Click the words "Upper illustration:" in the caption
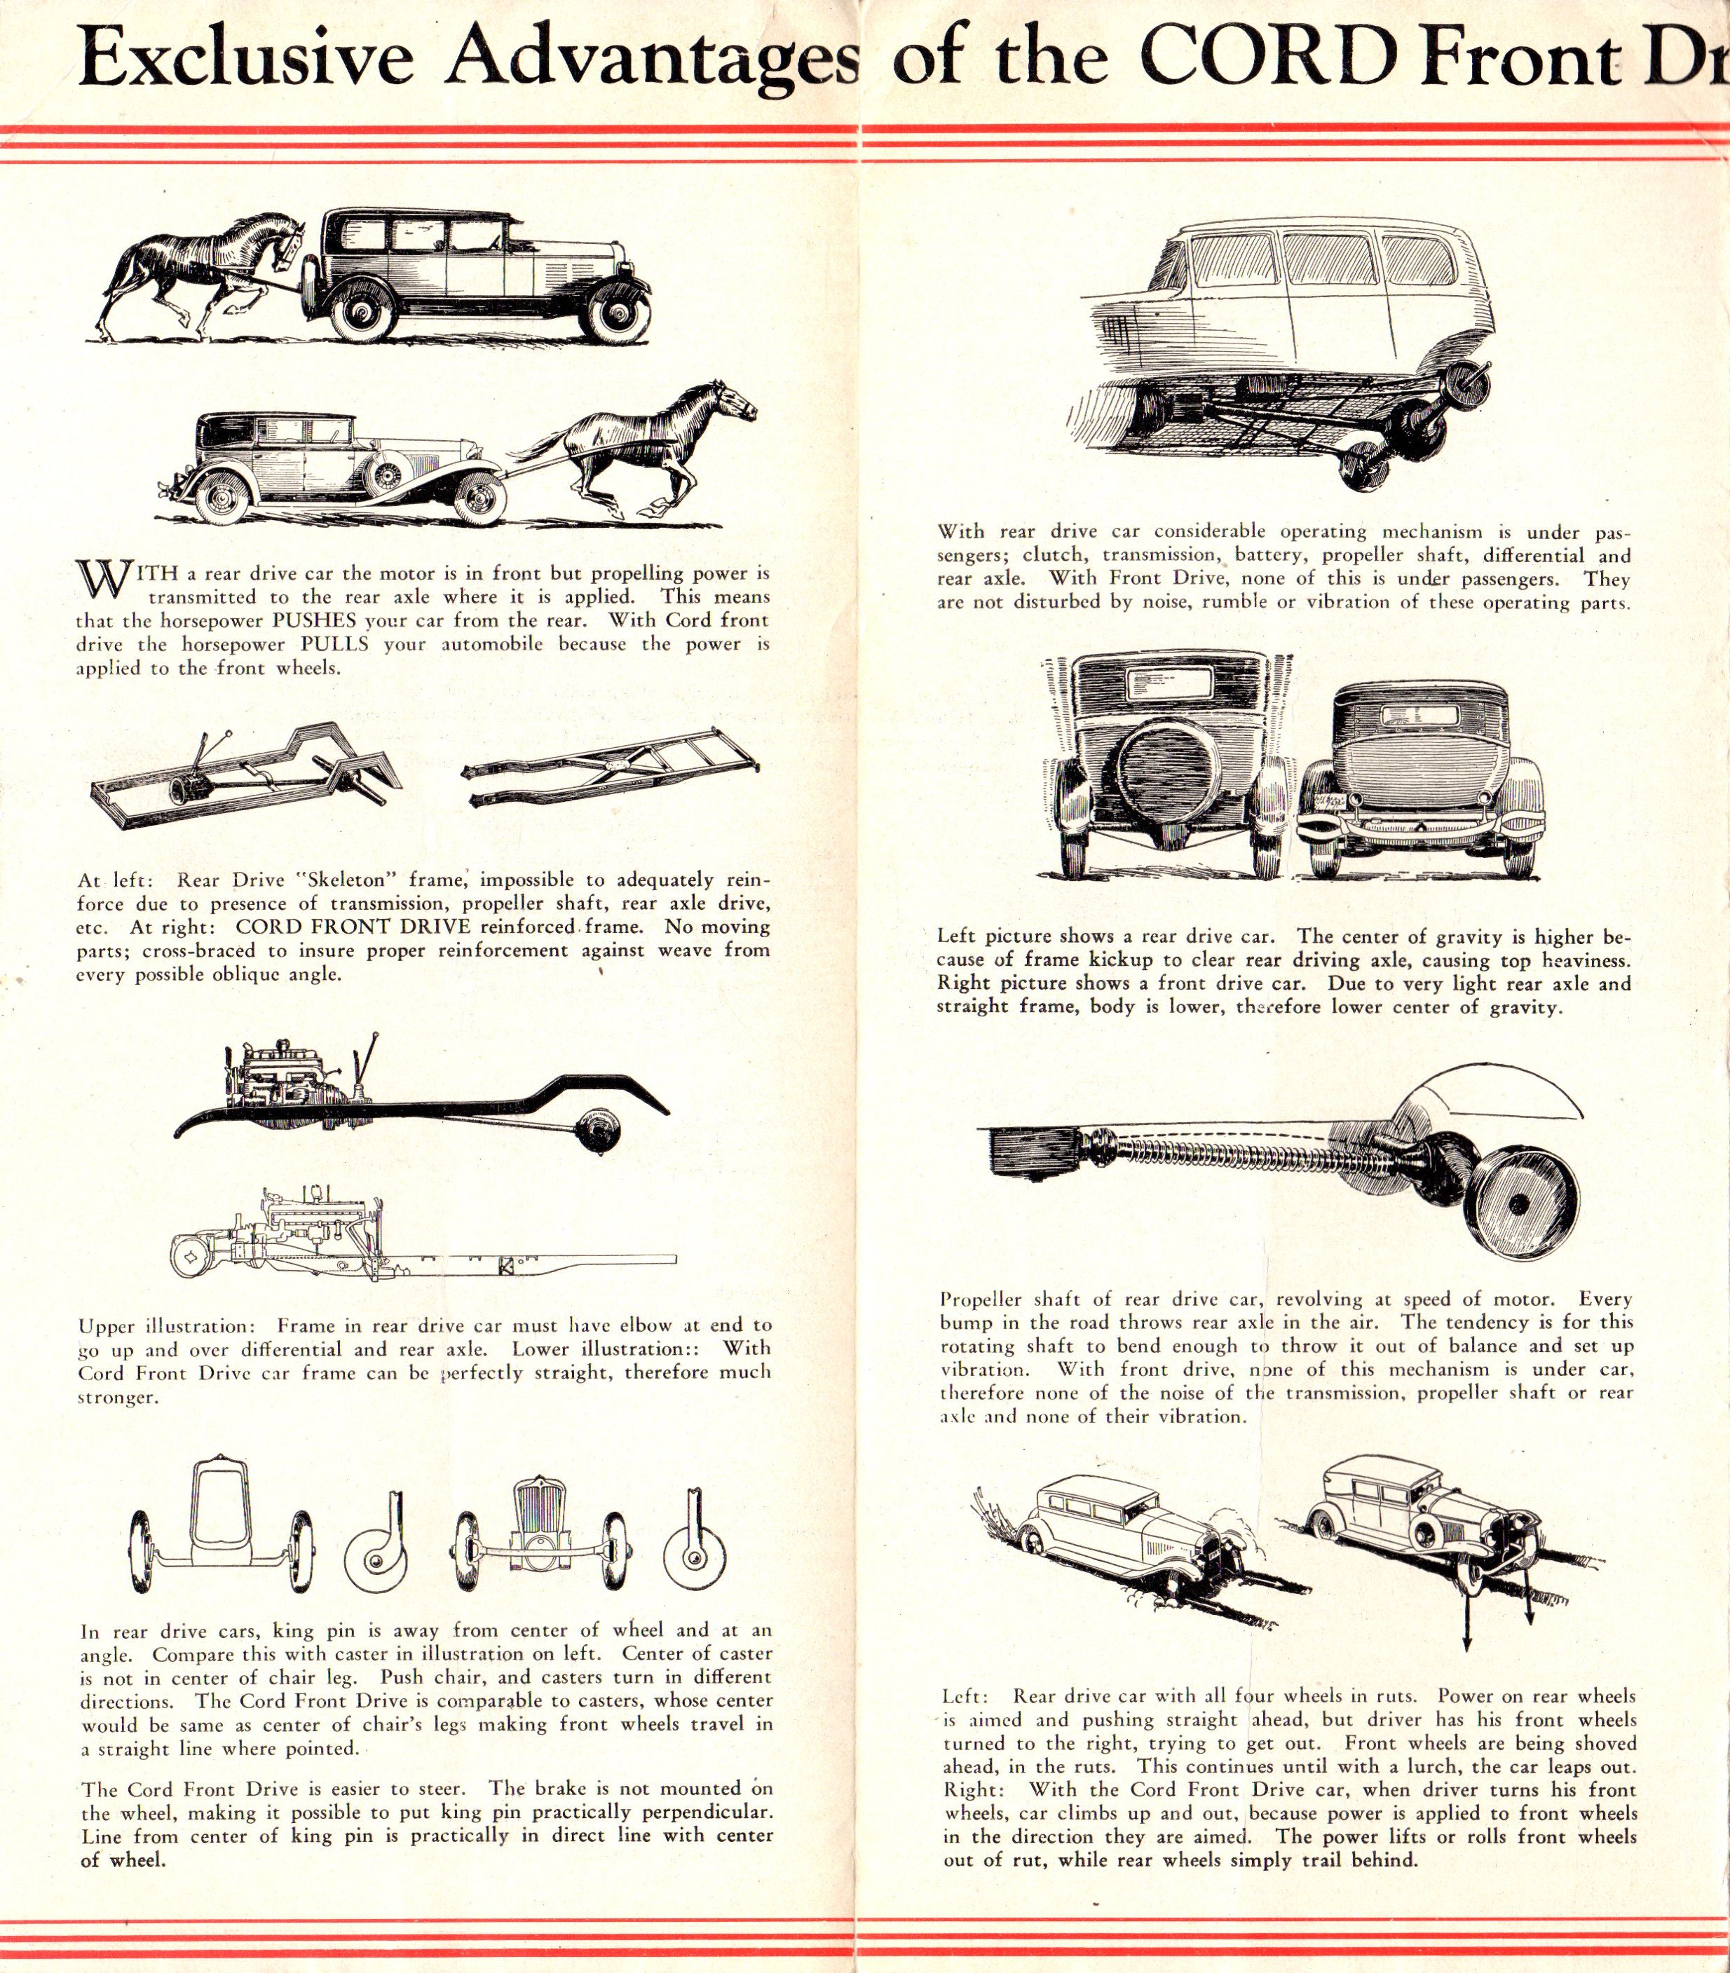165,1326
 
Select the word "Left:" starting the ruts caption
965,1696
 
